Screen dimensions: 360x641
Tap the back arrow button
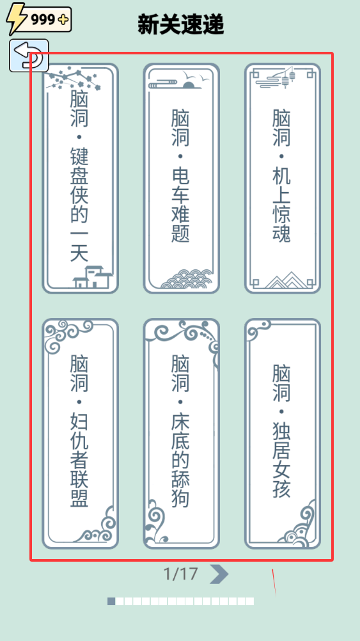[x=29, y=56]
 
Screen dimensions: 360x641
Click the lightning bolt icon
[x=17, y=19]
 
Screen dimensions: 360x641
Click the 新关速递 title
[x=180, y=24]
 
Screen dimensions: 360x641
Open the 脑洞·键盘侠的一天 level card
[x=80, y=178]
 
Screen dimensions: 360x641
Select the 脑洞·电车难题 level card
[x=182, y=178]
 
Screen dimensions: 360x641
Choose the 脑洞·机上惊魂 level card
[x=283, y=178]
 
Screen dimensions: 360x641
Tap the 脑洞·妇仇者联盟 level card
[x=80, y=434]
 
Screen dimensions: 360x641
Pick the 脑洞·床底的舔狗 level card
[x=182, y=434]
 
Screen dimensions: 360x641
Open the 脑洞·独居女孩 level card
[x=283, y=434]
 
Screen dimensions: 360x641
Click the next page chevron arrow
[x=219, y=574]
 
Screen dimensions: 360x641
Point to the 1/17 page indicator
[x=180, y=574]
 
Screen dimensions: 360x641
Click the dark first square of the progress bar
[x=111, y=601]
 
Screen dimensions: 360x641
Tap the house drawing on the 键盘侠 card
[x=93, y=277]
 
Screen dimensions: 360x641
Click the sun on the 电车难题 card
[x=189, y=85]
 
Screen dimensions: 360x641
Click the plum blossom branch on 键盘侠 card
[x=73, y=80]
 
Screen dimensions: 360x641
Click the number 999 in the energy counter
[x=43, y=19]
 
